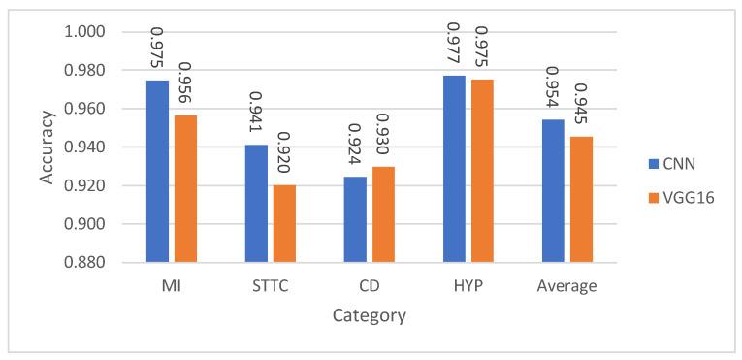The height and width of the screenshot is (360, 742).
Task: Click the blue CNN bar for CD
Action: point(355,219)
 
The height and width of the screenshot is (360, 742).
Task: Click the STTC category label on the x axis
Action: point(270,286)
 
